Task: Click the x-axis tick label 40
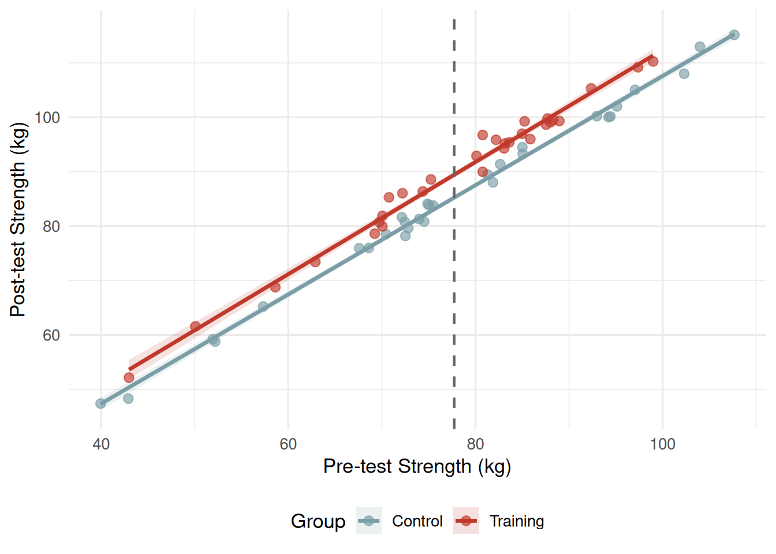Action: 101,444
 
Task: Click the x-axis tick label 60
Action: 288,444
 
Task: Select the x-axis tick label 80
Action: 475,444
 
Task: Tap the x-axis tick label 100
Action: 662,444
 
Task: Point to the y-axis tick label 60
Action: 51,335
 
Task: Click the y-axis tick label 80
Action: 51,226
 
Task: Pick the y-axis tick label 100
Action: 47,118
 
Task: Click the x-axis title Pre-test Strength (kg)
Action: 417,466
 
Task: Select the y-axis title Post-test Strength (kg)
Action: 18,219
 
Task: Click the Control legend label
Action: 417,521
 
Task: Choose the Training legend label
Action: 517,521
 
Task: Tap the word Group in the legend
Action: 318,521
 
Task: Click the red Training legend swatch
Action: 466,521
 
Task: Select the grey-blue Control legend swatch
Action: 369,521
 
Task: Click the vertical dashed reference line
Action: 454,289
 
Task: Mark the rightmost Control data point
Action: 734,35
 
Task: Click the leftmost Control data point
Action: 100,403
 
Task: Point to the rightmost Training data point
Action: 653,61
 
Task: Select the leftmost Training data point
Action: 129,377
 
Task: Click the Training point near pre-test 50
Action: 195,326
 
